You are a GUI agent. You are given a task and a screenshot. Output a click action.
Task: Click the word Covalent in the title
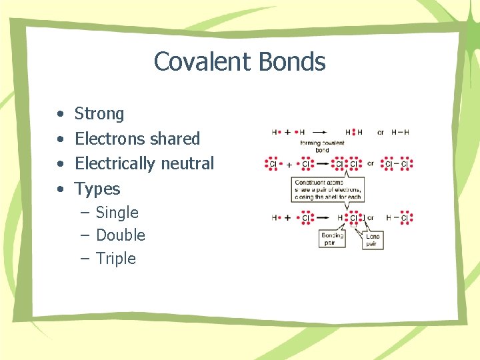coord(199,62)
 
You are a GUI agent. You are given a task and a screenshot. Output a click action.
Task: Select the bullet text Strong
coord(99,114)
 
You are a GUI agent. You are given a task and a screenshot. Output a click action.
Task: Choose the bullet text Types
coord(97,189)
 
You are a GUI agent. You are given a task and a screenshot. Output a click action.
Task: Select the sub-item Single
coord(117,213)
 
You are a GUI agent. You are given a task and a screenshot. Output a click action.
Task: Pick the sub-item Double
coord(120,235)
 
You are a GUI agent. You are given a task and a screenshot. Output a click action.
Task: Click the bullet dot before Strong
coord(60,115)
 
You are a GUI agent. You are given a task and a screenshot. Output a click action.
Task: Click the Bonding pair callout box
coord(332,239)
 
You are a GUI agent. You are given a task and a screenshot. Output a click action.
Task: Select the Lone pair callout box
coord(373,239)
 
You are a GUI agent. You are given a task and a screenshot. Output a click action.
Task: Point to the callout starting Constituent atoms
coord(327,190)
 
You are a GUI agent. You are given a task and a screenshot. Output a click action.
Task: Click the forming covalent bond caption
coord(322,147)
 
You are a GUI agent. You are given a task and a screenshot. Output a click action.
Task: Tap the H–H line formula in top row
coord(400,132)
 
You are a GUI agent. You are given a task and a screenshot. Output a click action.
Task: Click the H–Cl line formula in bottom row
coord(401,217)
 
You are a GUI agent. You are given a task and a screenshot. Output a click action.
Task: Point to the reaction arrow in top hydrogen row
coord(320,132)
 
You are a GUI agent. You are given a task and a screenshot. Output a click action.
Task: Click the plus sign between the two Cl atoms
coord(289,164)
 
